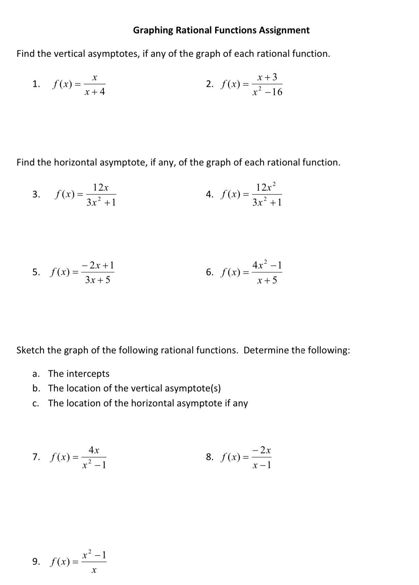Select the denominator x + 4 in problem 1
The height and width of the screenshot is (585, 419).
(95, 92)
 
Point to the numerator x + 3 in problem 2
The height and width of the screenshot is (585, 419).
(267, 77)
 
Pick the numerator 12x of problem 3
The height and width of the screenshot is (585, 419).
(101, 188)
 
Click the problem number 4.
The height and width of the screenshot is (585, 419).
(209, 194)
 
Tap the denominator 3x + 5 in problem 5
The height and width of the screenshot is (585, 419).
(98, 280)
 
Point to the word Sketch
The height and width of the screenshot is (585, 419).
(31, 350)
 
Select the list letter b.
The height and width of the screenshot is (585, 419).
(36, 388)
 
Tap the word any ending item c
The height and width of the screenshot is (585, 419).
(240, 403)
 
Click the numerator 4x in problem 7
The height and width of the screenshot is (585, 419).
(94, 450)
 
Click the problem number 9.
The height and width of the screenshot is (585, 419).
(36, 562)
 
